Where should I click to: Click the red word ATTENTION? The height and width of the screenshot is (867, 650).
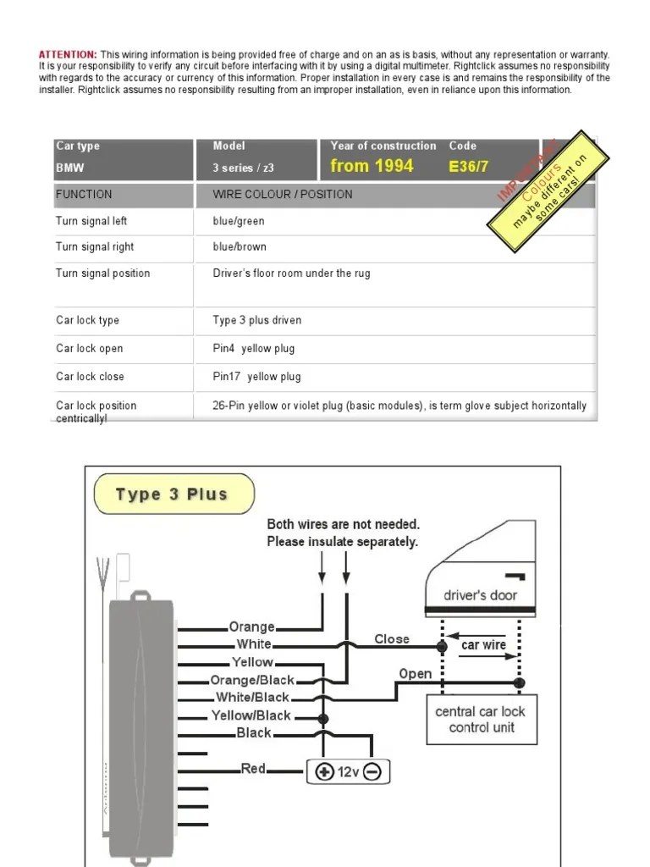click(68, 54)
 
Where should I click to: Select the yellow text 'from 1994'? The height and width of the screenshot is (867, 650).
click(372, 166)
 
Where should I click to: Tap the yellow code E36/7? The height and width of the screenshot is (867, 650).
click(469, 167)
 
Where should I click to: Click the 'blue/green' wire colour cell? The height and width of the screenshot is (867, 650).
click(239, 221)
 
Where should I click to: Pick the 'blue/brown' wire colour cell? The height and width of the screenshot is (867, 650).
click(240, 247)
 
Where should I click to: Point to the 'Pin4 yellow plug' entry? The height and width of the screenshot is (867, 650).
click(254, 349)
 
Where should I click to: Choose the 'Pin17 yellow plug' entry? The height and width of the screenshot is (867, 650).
click(256, 377)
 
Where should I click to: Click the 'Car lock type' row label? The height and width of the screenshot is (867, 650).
click(88, 321)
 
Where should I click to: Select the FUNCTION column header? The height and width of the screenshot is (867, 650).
click(84, 195)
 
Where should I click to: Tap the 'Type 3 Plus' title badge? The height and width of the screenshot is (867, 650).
click(173, 494)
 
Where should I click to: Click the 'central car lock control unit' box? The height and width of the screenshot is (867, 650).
click(481, 720)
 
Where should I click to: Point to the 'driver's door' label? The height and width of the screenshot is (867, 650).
click(480, 595)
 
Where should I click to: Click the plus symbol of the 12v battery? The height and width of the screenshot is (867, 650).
click(324, 772)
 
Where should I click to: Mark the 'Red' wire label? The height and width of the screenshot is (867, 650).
click(254, 769)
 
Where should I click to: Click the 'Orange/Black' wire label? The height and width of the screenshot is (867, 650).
click(252, 680)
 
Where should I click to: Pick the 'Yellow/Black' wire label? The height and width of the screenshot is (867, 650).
click(251, 715)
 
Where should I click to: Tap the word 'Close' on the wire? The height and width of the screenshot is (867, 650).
click(392, 639)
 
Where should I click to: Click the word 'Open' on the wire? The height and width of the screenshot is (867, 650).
click(415, 674)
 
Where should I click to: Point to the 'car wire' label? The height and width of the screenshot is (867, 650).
click(483, 645)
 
